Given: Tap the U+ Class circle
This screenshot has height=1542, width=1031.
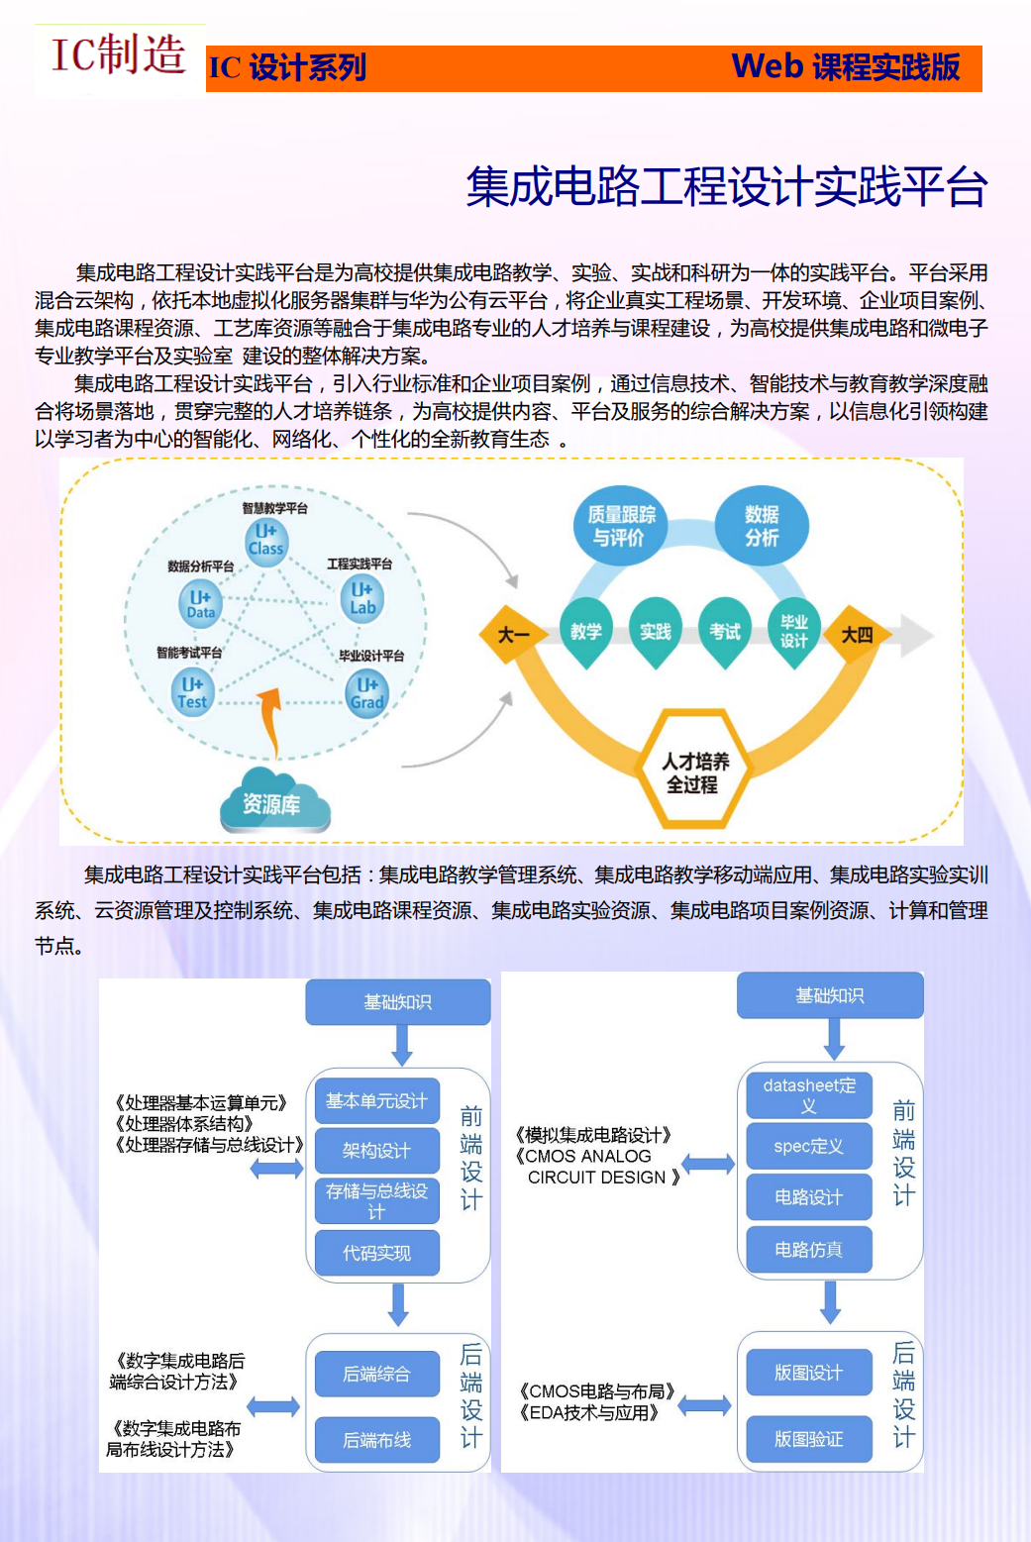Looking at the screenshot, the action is pos(266,541).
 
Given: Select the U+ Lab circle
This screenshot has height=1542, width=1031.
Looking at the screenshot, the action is pos(362,599).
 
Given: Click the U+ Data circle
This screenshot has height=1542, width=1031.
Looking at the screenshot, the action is pos(200,604).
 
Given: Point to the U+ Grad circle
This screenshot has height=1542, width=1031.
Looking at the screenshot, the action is pos(366,694).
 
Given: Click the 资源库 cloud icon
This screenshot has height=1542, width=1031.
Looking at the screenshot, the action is pos(275,800).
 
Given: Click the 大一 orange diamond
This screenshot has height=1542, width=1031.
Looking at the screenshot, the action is pos(513,633).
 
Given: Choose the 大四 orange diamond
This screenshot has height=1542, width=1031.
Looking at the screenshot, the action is pos(856,633).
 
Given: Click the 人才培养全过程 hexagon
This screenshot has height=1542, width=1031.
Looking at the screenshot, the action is pos(693,770).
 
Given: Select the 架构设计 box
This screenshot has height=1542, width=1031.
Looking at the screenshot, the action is pos(377,1150).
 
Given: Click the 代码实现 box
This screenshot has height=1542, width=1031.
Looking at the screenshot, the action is pos(377,1252).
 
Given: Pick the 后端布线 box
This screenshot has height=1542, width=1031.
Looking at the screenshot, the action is pos(377,1439).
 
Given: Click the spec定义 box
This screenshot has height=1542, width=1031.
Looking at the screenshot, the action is pos(809,1146).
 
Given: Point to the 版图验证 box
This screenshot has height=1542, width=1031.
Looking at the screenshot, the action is pos(809,1439).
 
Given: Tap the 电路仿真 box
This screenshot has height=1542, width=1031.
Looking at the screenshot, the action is pos(809,1249).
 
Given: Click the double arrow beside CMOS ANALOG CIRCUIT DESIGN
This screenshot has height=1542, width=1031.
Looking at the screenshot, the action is pos(708,1164).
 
